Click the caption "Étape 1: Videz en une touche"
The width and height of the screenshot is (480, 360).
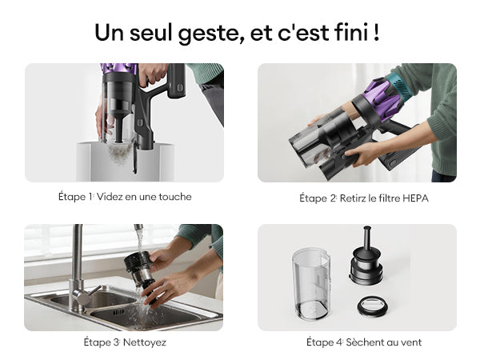point(125,197)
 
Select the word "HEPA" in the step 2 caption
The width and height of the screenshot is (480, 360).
point(415,198)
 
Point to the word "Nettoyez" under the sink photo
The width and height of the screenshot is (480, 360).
point(145,342)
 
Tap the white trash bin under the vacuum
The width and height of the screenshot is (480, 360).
point(126,162)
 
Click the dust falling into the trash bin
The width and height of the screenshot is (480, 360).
point(120,154)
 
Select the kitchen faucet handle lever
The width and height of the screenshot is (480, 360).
point(92,292)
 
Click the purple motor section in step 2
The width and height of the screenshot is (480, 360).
point(383,97)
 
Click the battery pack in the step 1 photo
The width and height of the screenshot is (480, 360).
point(176,81)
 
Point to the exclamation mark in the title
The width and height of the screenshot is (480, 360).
point(376,31)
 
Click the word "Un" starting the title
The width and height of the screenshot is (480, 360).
point(110,32)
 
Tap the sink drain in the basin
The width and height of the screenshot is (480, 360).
point(119,313)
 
